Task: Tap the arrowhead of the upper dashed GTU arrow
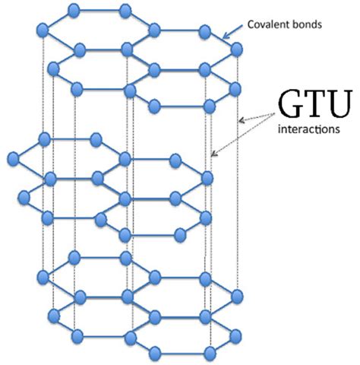point(240,119)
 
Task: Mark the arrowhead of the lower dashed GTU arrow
point(213,155)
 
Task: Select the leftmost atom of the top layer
point(43,30)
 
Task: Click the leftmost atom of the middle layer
point(13,158)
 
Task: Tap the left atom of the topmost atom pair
point(74,10)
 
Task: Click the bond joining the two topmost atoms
point(99,11)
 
